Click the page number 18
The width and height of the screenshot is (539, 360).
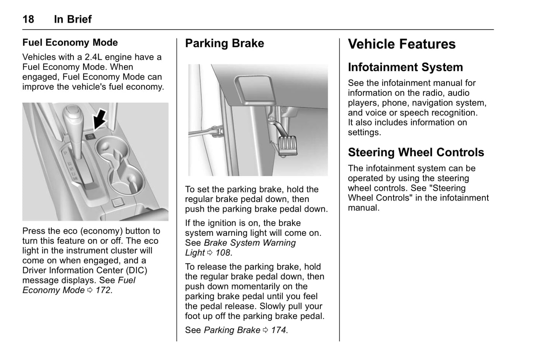point(28,19)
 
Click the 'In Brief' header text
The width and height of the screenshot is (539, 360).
point(73,19)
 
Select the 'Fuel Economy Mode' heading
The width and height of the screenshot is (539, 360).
point(70,43)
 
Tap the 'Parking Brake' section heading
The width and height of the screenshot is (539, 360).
point(225,43)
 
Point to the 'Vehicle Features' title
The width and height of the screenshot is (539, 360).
point(402,44)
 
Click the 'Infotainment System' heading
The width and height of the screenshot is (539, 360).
point(405,67)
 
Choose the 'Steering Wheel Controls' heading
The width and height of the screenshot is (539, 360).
point(416,152)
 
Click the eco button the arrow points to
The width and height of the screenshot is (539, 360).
point(90,137)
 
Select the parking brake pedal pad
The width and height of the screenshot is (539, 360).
point(288,145)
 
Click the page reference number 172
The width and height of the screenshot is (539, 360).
point(103,290)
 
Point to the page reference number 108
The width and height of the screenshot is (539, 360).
point(223,253)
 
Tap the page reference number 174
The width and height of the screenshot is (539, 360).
point(279,330)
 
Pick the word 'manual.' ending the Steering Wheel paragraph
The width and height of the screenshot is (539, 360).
point(364,208)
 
